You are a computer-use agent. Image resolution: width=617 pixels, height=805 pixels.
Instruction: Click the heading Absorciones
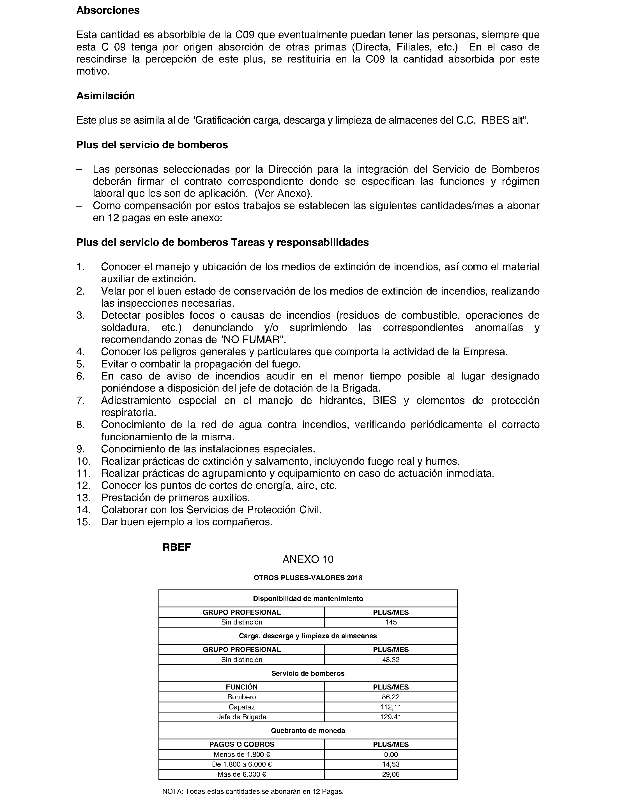[x=108, y=10]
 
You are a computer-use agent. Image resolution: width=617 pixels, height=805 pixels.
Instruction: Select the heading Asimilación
[x=105, y=96]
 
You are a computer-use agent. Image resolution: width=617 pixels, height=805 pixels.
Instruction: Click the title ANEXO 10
[x=308, y=559]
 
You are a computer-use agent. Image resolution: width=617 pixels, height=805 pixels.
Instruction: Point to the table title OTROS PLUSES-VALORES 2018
[x=308, y=578]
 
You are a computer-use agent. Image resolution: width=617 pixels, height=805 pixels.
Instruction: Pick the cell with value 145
[x=391, y=622]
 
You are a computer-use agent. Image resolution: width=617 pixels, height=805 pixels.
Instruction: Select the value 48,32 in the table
[x=391, y=660]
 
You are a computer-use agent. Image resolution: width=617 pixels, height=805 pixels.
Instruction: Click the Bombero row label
[x=242, y=697]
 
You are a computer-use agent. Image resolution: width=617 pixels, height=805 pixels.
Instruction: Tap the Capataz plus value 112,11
[x=391, y=707]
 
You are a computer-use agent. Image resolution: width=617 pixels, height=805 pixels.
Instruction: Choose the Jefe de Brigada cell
[x=242, y=717]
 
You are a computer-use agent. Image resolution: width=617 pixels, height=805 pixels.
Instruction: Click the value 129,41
[x=391, y=717]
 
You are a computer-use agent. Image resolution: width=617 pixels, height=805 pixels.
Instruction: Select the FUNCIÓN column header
[x=242, y=687]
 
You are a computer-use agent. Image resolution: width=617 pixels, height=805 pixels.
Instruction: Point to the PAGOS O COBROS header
[x=242, y=744]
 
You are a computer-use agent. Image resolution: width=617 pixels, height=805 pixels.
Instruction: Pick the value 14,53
[x=391, y=765]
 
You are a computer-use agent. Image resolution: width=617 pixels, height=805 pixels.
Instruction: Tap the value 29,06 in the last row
[x=391, y=774]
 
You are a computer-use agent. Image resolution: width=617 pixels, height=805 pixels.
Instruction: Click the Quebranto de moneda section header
[x=308, y=730]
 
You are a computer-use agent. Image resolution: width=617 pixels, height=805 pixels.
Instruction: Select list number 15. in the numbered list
[x=83, y=522]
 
